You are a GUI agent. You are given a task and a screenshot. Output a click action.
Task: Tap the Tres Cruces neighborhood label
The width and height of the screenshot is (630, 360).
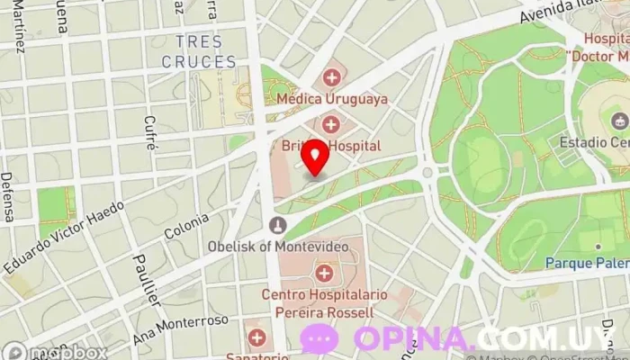(x=199, y=52)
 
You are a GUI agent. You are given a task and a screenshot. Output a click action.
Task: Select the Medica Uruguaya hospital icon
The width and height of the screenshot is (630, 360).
(x=332, y=77)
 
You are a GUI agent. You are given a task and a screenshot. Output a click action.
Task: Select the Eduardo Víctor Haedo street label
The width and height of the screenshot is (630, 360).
(x=63, y=237)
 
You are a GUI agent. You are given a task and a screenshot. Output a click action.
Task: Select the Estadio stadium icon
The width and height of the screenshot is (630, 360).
(x=618, y=121)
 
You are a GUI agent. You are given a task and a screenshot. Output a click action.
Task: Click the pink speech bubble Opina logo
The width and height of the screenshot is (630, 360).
(x=319, y=339)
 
